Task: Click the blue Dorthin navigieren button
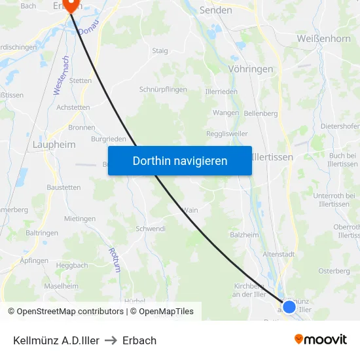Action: pos(180,160)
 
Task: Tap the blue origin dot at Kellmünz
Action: pos(289,306)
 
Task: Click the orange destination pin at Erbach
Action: pos(71,6)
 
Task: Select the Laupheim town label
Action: pos(54,144)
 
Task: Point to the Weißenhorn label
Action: pos(323,39)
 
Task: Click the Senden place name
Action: pos(215,10)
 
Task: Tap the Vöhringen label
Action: pos(251,68)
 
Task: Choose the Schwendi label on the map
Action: pos(150,229)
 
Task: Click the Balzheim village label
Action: pos(244,235)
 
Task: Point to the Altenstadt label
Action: pos(279,254)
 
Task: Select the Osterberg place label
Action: pos(334,271)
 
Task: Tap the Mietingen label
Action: pos(80,219)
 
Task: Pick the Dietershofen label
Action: pos(340,126)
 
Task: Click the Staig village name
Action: pos(160,51)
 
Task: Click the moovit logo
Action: pos(321,339)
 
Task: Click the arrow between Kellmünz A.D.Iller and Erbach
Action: pos(111,340)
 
